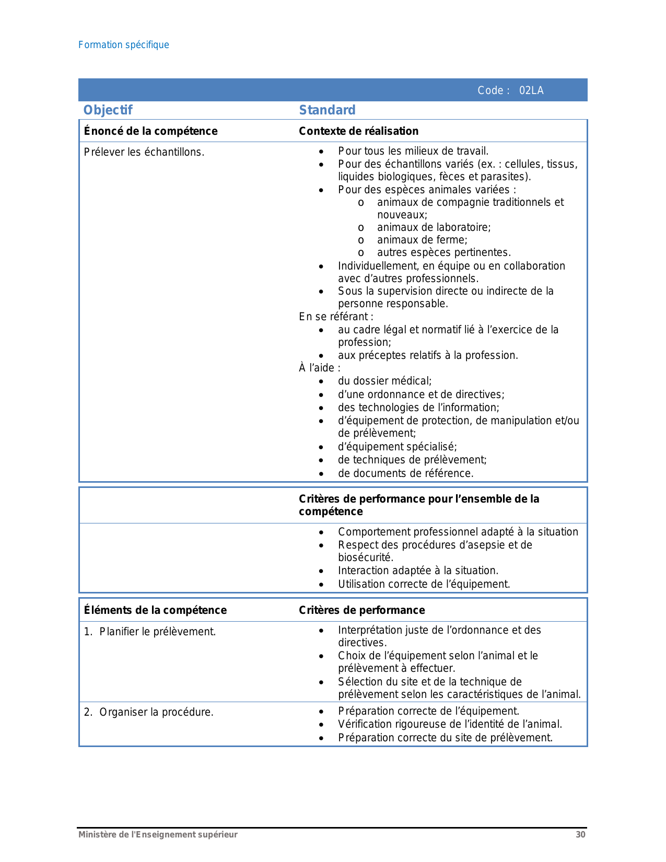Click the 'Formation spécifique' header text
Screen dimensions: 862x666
[123, 45]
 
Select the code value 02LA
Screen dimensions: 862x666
[531, 90]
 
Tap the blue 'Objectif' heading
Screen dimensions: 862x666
[108, 110]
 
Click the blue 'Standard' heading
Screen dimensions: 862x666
[327, 110]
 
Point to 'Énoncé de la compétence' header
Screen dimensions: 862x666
[150, 131]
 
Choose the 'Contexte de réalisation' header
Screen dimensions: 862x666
[358, 131]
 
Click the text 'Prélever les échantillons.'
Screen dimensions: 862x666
[144, 152]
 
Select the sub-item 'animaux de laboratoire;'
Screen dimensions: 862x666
[434, 227]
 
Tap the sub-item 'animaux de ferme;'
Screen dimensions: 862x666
[422, 240]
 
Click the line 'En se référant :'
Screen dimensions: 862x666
[336, 317]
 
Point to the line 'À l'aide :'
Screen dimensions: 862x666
[319, 368]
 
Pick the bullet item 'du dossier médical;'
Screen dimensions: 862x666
[384, 381]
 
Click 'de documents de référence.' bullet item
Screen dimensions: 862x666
[405, 473]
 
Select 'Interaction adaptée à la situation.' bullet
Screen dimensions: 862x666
[418, 570]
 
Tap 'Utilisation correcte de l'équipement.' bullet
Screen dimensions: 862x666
[424, 584]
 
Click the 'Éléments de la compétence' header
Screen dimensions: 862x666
[155, 610]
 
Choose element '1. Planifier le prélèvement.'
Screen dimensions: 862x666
[150, 632]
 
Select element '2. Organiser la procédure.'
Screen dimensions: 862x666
[149, 712]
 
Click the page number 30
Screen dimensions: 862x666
[580, 834]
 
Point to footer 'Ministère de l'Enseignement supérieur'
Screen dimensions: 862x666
[158, 834]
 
